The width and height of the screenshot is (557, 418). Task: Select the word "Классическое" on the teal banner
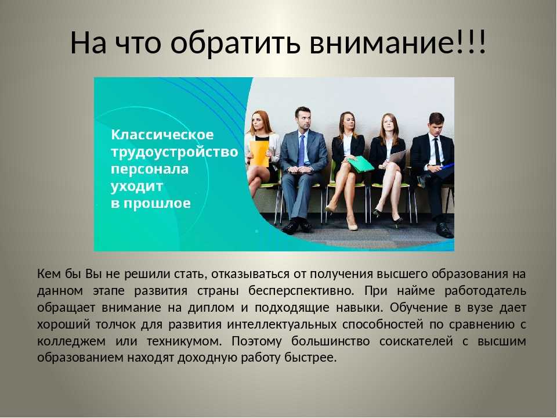click(x=162, y=135)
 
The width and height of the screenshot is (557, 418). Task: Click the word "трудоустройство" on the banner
click(x=175, y=152)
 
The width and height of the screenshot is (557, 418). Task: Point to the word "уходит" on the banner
click(x=137, y=186)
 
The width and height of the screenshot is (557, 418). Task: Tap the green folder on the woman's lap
click(x=360, y=164)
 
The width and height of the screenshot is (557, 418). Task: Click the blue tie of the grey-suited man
click(x=302, y=151)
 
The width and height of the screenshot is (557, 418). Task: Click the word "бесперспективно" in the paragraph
click(x=301, y=291)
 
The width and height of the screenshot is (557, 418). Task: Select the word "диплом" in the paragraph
click(x=211, y=308)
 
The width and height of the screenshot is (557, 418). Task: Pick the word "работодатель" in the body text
click(x=485, y=291)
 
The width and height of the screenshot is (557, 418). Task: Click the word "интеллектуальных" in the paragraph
click(x=282, y=324)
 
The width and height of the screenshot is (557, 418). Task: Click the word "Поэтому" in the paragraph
click(x=256, y=341)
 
